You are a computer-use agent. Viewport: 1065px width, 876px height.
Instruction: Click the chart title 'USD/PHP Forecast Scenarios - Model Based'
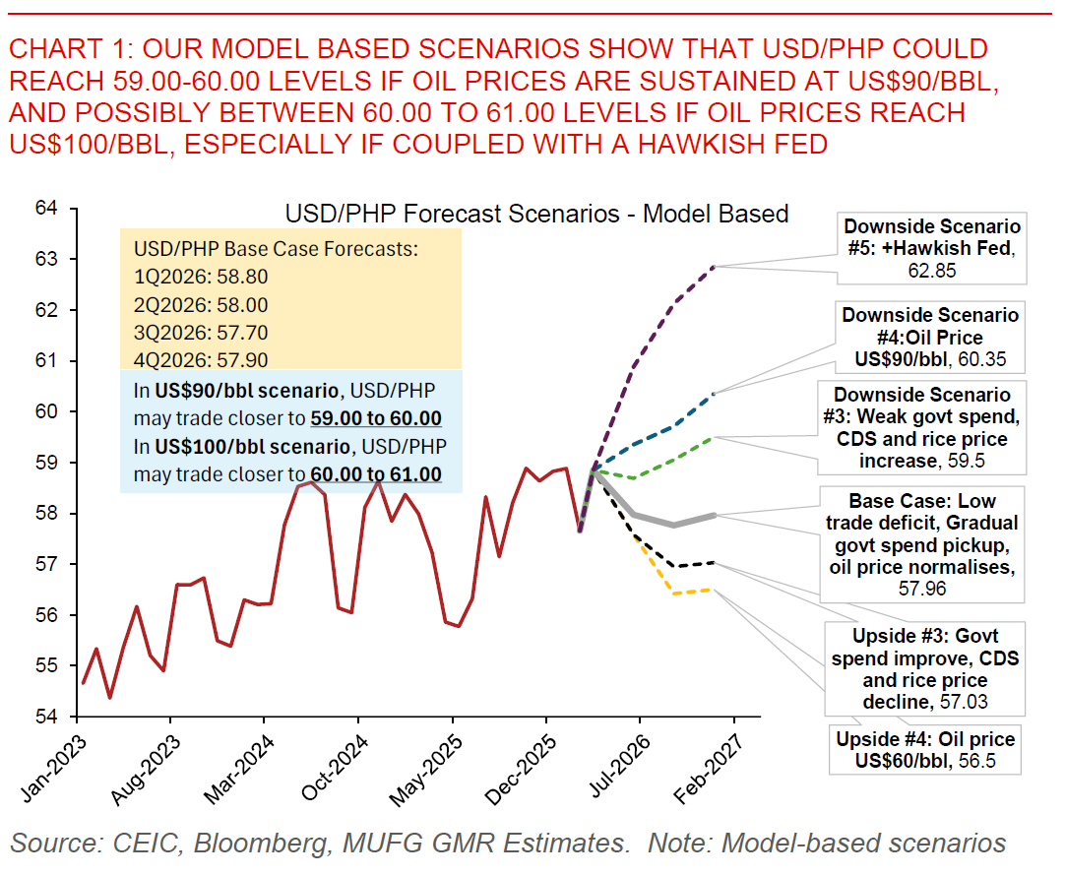click(536, 214)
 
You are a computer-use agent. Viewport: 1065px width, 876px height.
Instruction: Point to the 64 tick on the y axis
click(47, 208)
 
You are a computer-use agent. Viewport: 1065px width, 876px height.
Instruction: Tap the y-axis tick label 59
click(47, 462)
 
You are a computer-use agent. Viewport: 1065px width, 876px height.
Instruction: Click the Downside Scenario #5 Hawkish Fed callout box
click(931, 248)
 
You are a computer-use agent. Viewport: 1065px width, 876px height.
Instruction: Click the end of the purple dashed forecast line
click(714, 267)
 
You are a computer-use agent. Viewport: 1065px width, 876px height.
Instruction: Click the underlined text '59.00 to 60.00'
click(375, 417)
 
